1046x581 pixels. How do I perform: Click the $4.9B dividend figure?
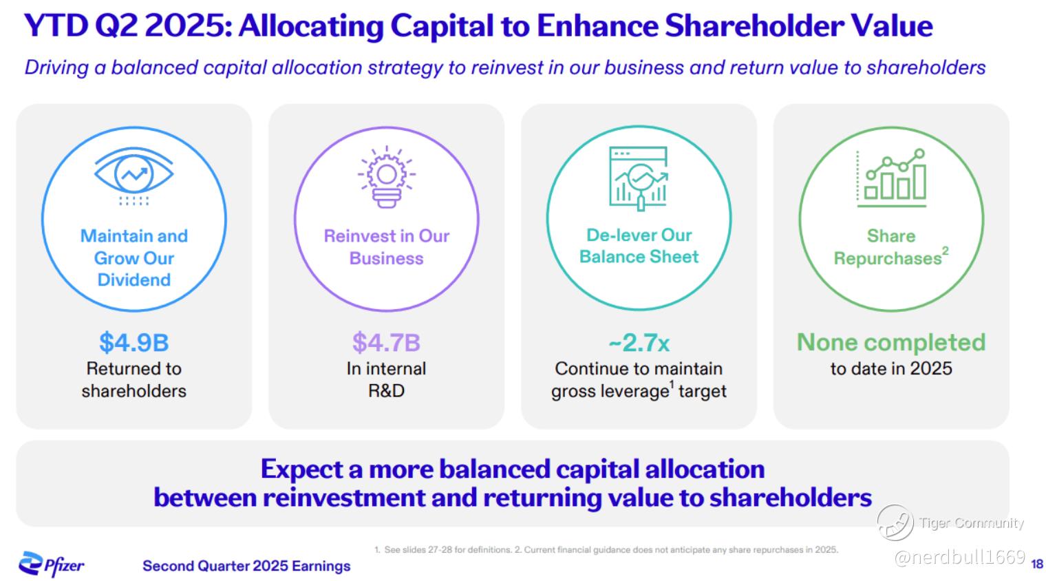pos(134,342)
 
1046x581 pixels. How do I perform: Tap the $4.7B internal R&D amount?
pos(386,342)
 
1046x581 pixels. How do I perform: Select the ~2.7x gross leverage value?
pos(639,342)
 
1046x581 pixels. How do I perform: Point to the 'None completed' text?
pos(891,342)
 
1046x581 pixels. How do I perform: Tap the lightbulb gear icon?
pos(387,177)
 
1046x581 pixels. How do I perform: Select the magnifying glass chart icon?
pos(639,178)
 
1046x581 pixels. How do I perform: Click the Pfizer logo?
pos(52,564)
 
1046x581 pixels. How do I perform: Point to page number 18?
pos(1037,564)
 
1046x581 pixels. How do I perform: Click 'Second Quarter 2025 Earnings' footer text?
pos(246,566)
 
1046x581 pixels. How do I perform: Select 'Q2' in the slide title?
pos(116,26)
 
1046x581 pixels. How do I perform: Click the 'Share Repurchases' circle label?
pos(891,247)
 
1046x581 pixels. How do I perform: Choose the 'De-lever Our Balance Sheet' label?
pos(639,246)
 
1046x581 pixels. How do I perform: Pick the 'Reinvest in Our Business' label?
pos(387,247)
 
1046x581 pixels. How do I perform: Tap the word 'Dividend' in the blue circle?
pos(134,279)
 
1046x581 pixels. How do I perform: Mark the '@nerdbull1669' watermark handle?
pos(959,557)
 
